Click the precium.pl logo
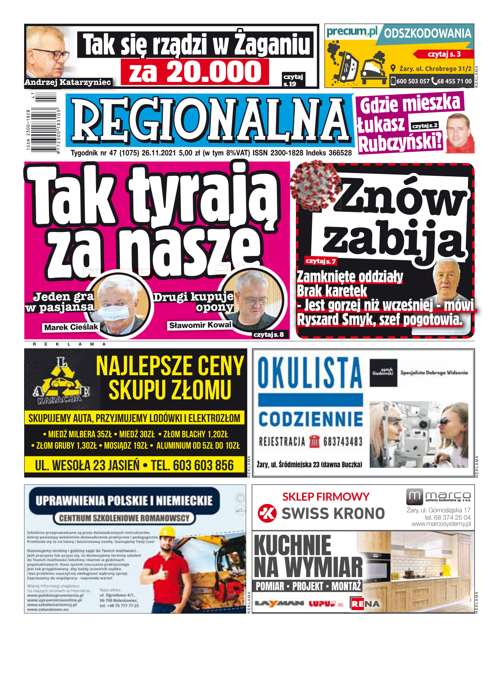(351, 32)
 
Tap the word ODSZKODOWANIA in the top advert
(427, 34)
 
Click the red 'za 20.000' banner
(195, 72)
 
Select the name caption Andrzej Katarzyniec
(68, 82)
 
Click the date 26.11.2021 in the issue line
(159, 153)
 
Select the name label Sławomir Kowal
(200, 325)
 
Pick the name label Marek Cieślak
(71, 327)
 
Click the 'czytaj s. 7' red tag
(321, 261)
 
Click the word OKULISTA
(310, 373)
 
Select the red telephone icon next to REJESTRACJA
(314, 441)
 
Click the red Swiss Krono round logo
(267, 513)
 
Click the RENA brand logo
(365, 603)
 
